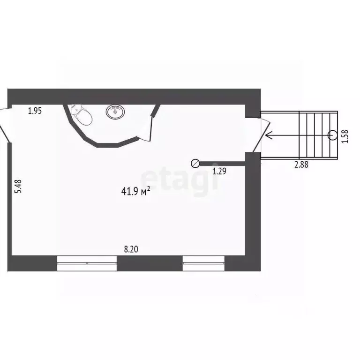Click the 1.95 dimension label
pyautogui.click(x=35, y=111)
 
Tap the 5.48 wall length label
pyautogui.click(x=18, y=186)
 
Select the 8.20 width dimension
pyautogui.click(x=131, y=249)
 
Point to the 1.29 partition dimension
pyautogui.click(x=219, y=171)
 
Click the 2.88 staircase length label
pyautogui.click(x=301, y=165)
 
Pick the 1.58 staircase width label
pyautogui.click(x=345, y=136)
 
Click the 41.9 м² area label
pyautogui.click(x=135, y=191)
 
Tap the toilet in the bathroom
pyautogui.click(x=81, y=115)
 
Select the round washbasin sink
pyautogui.click(x=115, y=112)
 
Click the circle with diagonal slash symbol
pyautogui.click(x=195, y=164)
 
